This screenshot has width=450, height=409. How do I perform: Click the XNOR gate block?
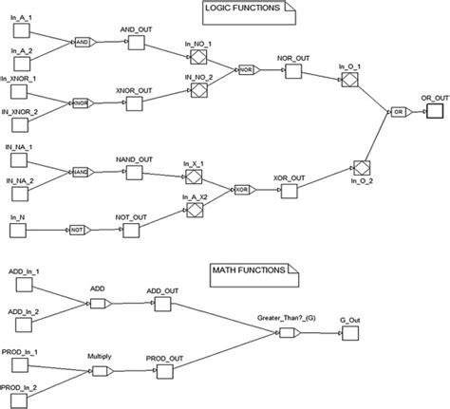coord(82,100)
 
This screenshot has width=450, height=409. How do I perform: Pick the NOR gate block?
coord(245,69)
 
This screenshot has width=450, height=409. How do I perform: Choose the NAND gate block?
coord(79,172)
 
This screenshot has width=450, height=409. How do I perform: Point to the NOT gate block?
coord(76,230)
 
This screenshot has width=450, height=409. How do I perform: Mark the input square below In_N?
coord(20,230)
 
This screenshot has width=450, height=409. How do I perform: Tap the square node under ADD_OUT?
coord(162,305)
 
